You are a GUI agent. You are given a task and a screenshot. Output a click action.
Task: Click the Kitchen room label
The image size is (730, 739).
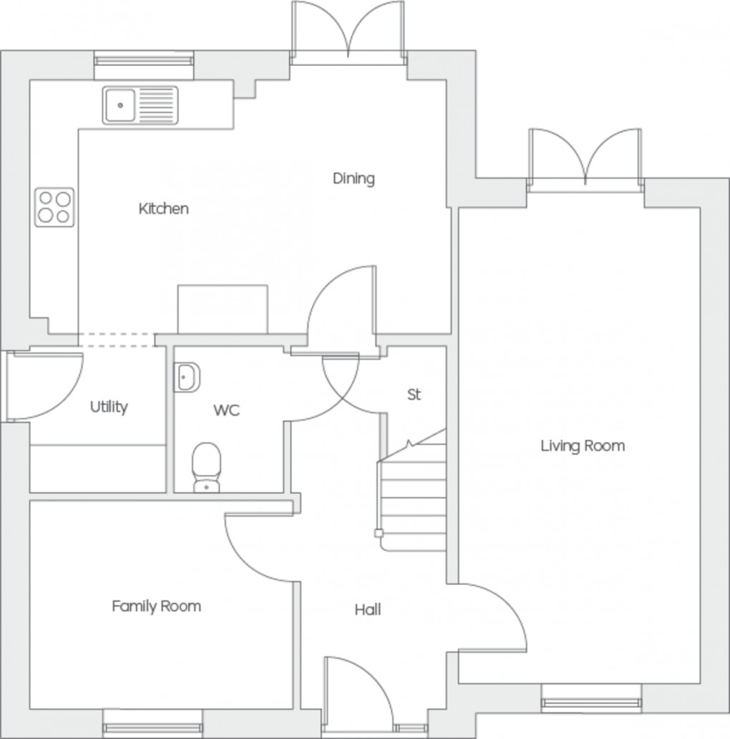pyautogui.click(x=164, y=209)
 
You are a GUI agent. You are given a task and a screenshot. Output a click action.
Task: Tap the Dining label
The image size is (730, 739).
pyautogui.click(x=354, y=178)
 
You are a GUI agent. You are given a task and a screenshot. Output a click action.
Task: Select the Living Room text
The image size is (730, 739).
pyautogui.click(x=583, y=446)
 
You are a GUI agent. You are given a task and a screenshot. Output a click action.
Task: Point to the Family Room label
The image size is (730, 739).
pyautogui.click(x=156, y=607)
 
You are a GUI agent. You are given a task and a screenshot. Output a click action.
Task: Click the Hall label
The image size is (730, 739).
pyautogui.click(x=368, y=610)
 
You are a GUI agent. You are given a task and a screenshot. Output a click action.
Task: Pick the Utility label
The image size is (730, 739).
pyautogui.click(x=109, y=407)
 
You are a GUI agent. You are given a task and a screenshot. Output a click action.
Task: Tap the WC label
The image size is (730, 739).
pyautogui.click(x=226, y=410)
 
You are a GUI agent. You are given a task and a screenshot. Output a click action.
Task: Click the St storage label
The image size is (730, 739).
pyautogui.click(x=414, y=395)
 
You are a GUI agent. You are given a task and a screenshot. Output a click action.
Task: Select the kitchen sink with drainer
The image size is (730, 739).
pyautogui.click(x=140, y=105)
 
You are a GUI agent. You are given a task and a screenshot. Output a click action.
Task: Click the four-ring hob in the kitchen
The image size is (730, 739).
pyautogui.click(x=55, y=206)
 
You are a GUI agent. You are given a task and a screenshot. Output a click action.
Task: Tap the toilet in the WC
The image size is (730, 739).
pyautogui.click(x=207, y=467)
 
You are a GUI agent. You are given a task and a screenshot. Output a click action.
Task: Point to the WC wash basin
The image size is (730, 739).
pyautogui.click(x=188, y=377)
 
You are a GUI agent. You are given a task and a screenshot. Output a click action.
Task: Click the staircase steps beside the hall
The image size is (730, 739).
pyautogui.click(x=412, y=494)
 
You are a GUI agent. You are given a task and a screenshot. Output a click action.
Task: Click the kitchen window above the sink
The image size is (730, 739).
pyautogui.click(x=145, y=66)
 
